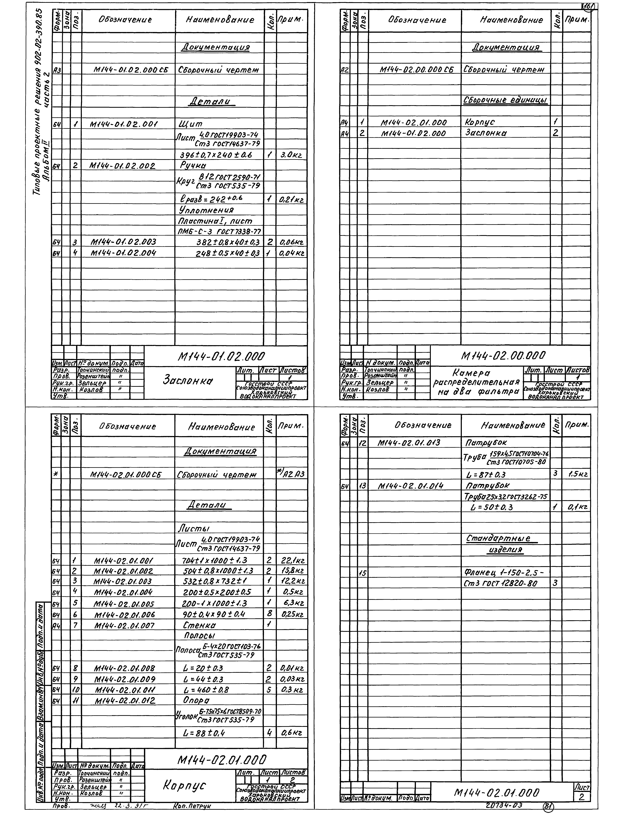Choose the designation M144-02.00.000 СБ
416,70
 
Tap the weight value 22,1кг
293,560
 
